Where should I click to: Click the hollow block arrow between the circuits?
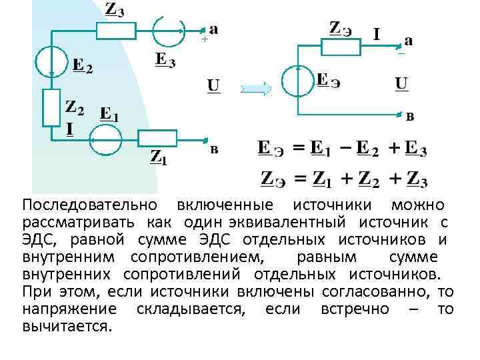click(x=255, y=87)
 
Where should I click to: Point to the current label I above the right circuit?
click(x=377, y=33)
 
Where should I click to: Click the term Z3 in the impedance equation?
click(x=416, y=179)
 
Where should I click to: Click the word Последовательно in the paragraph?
click(x=89, y=205)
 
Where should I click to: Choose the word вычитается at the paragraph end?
click(x=67, y=326)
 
